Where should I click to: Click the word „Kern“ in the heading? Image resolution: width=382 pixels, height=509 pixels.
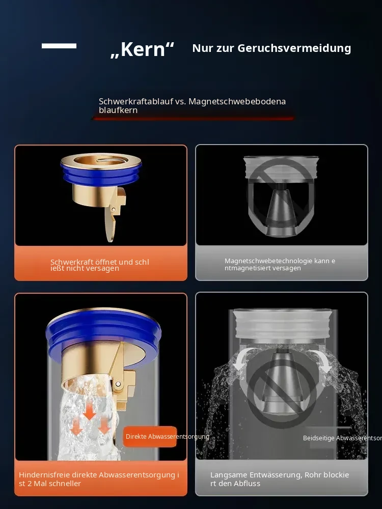click(x=142, y=49)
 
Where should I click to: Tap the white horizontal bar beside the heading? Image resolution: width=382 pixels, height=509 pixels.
click(x=59, y=46)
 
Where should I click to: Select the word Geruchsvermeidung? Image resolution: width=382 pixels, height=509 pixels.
click(x=294, y=48)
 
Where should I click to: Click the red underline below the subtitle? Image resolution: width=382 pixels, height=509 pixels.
click(x=194, y=119)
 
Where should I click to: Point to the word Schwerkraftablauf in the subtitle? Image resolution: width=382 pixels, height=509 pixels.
click(x=136, y=101)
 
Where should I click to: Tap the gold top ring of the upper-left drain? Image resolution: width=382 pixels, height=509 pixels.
click(x=101, y=159)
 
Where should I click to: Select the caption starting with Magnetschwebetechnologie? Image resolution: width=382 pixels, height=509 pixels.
click(x=280, y=264)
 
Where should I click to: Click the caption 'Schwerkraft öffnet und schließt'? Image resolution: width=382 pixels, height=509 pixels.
click(x=100, y=265)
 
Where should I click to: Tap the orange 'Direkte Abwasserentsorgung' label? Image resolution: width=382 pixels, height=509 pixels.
click(x=150, y=437)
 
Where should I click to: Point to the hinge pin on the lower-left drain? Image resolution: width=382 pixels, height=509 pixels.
click(x=118, y=384)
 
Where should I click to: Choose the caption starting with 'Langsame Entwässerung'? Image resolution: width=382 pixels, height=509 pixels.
click(x=280, y=479)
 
